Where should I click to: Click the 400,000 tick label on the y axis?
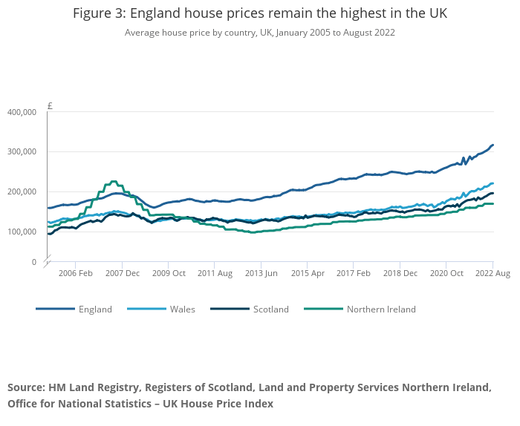pos(22,112)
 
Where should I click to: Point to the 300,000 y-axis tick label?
pos(22,151)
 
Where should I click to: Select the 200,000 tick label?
pos(22,191)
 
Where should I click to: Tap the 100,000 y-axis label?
pos(22,232)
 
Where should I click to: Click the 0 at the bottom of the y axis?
pos(33,262)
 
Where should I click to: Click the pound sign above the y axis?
pos(50,105)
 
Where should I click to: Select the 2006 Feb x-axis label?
pos(75,273)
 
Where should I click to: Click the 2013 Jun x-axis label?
pos(261,273)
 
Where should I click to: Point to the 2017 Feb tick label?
pos(354,273)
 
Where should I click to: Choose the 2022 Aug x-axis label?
pos(493,273)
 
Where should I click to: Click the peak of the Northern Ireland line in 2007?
pos(113,181)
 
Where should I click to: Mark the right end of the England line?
pos(493,145)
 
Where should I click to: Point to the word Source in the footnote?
pos(25,388)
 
